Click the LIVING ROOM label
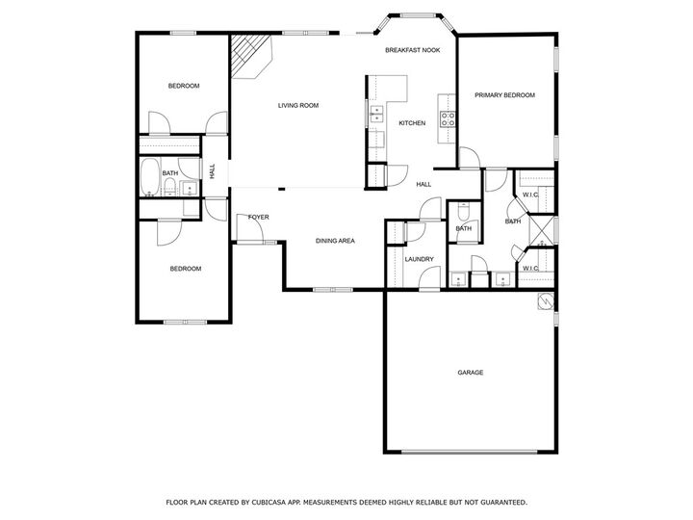coord(297,106)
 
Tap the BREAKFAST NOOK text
coord(413,49)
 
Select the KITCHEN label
coord(412,123)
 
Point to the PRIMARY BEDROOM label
coord(504,95)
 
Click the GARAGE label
coord(470,373)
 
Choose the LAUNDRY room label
coord(419,259)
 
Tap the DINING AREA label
coord(335,241)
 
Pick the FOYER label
coord(258,218)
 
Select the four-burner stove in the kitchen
coord(448,119)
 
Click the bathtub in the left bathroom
coord(149,177)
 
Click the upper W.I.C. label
coord(530,195)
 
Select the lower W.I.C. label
coord(530,268)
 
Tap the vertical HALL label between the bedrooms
coord(212,171)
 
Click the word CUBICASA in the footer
coord(272,502)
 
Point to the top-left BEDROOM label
coord(183,87)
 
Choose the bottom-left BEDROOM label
coord(186,269)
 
